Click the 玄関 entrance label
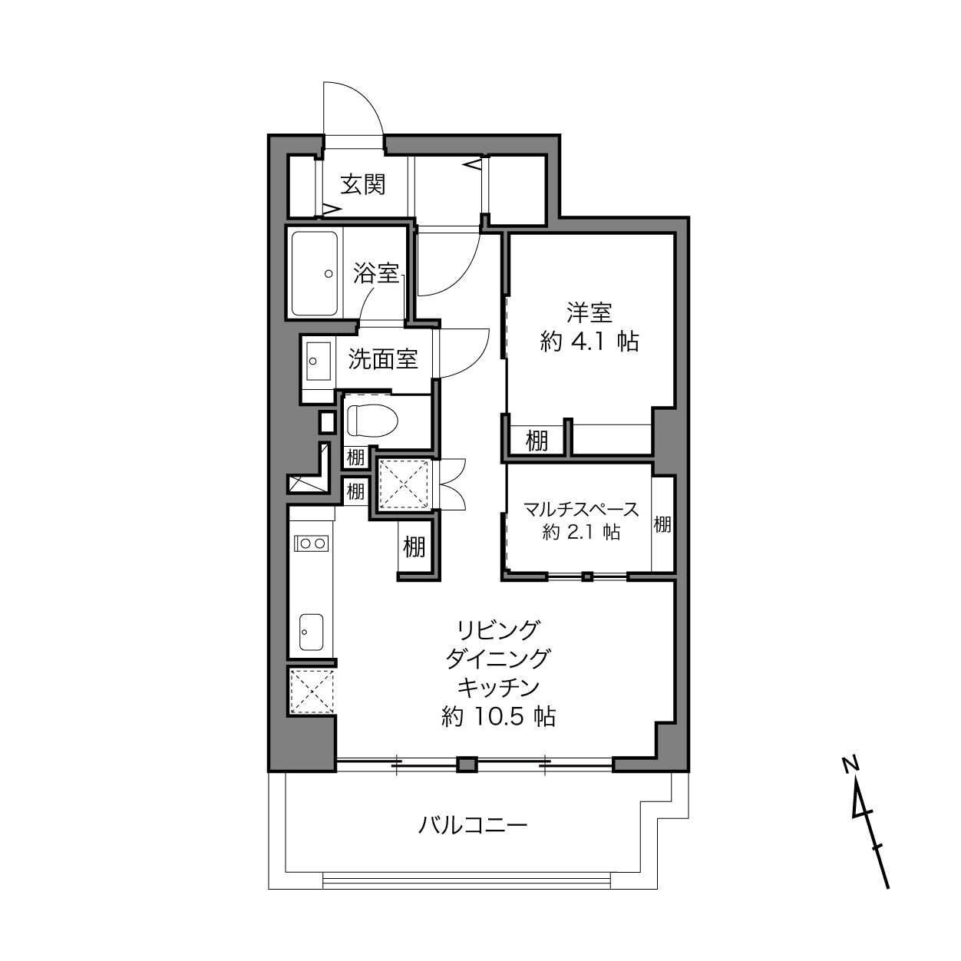(x=363, y=184)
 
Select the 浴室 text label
(x=376, y=272)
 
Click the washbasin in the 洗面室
(x=319, y=361)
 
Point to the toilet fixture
(x=372, y=419)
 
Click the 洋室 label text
(x=589, y=312)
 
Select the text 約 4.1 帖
(x=589, y=342)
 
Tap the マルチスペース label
(x=581, y=509)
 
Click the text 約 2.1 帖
(x=582, y=532)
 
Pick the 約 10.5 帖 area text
(x=498, y=717)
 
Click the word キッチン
(x=498, y=688)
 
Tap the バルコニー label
(x=472, y=825)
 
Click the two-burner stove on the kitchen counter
(x=311, y=543)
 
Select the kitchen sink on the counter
(x=311, y=632)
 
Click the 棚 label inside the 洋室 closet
(x=537, y=441)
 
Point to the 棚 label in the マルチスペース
(x=662, y=524)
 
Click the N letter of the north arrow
(x=850, y=764)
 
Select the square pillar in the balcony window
(x=467, y=765)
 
